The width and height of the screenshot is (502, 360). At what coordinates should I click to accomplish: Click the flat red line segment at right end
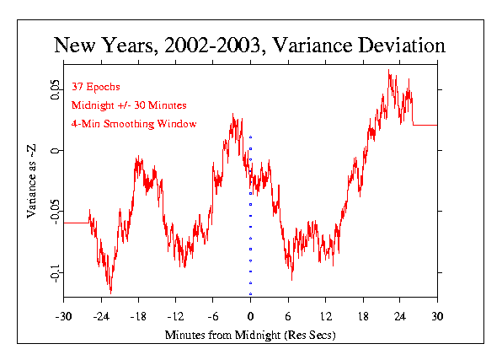425,125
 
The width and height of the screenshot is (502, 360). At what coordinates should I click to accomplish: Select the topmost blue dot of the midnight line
250,136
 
